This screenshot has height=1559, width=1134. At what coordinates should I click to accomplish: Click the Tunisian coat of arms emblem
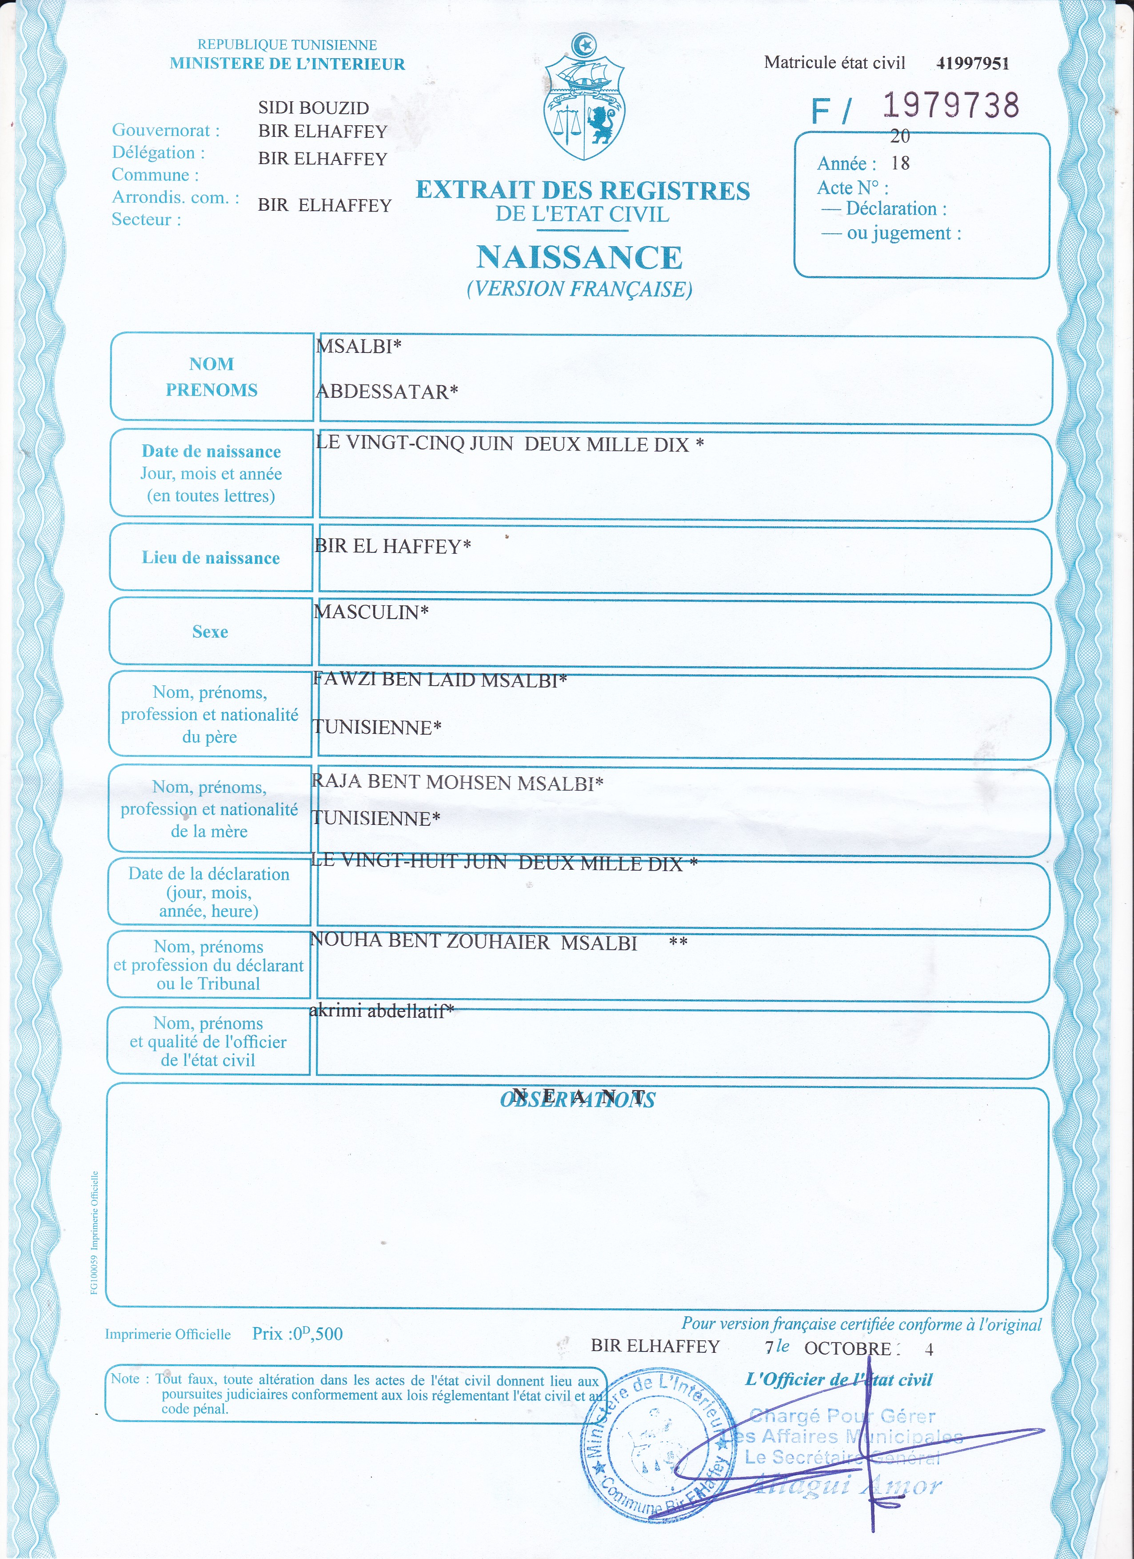coord(584,100)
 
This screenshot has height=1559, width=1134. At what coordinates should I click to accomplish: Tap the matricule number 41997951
coord(973,63)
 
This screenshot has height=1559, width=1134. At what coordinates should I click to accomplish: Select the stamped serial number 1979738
coord(950,105)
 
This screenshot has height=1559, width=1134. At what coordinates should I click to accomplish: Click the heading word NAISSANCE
coord(579,258)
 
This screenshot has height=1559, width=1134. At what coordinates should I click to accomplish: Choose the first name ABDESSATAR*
coord(386,392)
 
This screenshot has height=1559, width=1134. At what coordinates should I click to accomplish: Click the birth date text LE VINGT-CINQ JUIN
coord(415,444)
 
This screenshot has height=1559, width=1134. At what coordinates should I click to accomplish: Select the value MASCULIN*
coord(371,612)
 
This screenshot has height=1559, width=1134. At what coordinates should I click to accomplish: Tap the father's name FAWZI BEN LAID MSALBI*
coord(440,680)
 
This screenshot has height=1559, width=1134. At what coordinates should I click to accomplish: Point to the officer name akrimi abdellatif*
coord(381,1011)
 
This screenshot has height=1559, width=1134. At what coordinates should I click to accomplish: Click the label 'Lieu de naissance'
coord(211,557)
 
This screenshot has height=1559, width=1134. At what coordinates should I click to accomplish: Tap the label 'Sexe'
coord(210,632)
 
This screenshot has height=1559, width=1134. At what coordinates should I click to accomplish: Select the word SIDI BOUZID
coord(313,108)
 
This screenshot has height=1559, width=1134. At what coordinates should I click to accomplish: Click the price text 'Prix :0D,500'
coord(297,1334)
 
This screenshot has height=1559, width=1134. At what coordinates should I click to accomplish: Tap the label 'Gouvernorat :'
coord(166,130)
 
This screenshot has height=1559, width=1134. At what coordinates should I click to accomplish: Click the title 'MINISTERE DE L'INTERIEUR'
coord(287,64)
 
